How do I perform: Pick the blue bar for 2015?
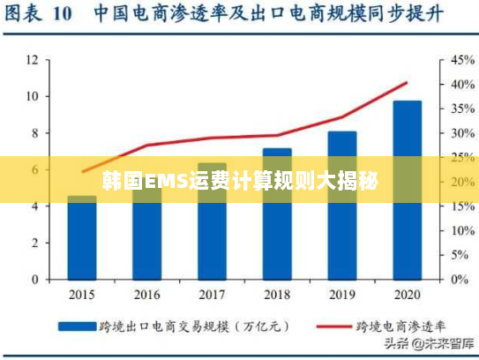(82, 238)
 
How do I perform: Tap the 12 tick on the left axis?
(33, 60)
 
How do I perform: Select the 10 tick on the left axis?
(33, 96)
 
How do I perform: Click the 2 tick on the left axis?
(35, 243)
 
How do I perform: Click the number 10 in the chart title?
(62, 14)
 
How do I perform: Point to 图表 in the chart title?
(25, 14)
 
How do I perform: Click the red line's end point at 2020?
(407, 83)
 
